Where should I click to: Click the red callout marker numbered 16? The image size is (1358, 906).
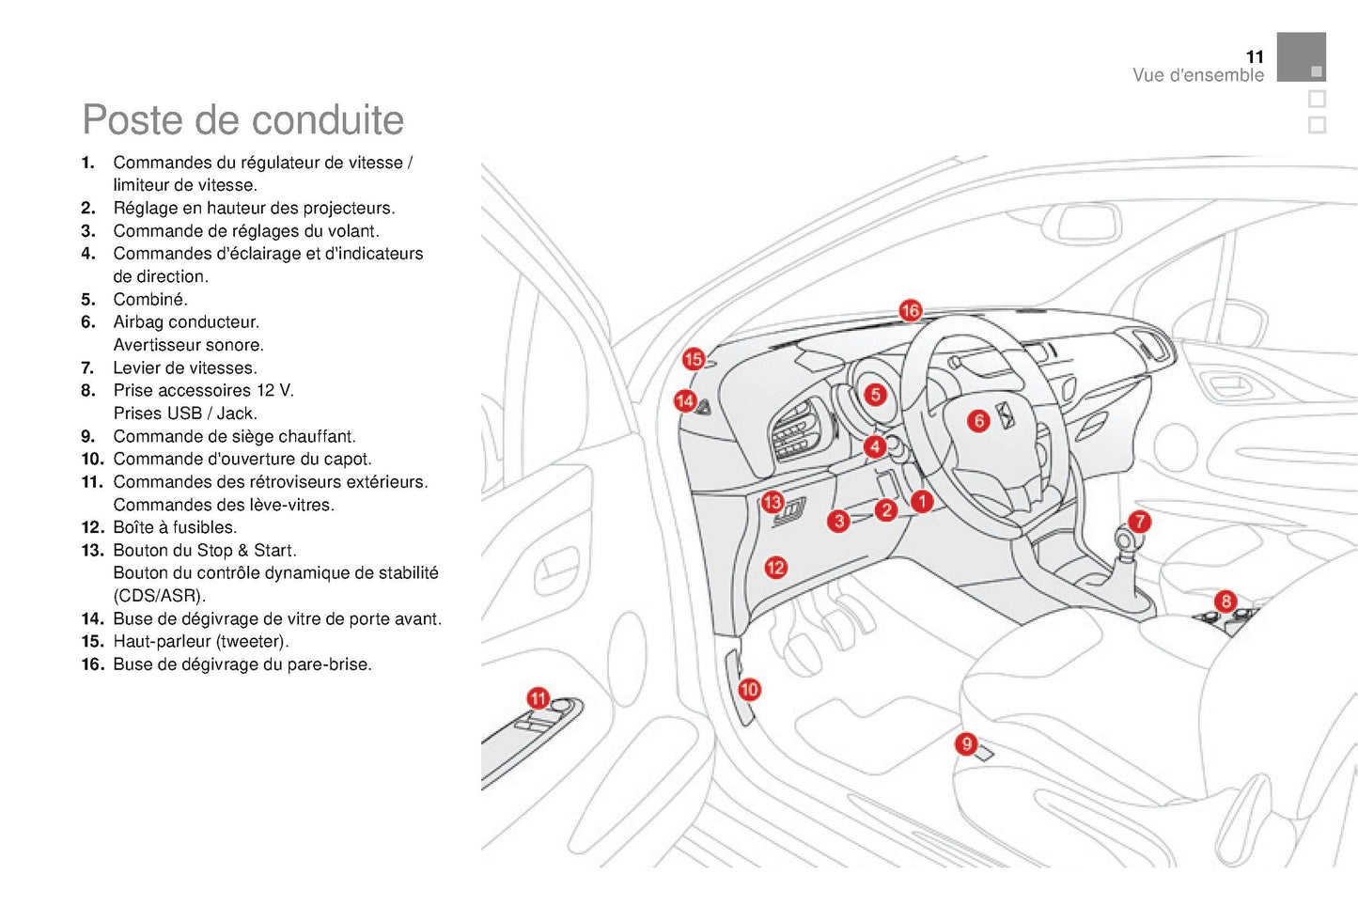click(910, 310)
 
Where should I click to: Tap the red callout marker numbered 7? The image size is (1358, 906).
click(1139, 521)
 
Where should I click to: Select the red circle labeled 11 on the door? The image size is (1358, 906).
click(538, 698)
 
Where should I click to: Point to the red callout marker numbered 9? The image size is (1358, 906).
click(966, 744)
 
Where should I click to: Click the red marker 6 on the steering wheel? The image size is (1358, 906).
click(978, 420)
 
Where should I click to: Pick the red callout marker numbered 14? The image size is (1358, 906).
click(685, 401)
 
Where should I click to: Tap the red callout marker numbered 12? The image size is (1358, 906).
click(775, 567)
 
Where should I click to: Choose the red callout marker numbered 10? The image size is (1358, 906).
click(749, 689)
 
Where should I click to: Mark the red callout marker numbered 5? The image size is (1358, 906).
click(875, 394)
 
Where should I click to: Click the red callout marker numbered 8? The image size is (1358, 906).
click(1225, 601)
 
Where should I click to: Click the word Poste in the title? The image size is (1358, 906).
click(131, 120)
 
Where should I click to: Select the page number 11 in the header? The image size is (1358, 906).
click(1255, 56)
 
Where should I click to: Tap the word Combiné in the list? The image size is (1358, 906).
click(150, 300)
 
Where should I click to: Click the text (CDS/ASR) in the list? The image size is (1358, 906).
click(159, 596)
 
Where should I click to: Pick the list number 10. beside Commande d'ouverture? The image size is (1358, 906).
click(92, 460)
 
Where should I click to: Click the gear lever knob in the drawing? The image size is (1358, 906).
click(1125, 541)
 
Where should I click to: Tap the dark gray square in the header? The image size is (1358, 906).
click(1301, 56)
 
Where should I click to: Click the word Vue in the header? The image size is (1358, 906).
click(1147, 75)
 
